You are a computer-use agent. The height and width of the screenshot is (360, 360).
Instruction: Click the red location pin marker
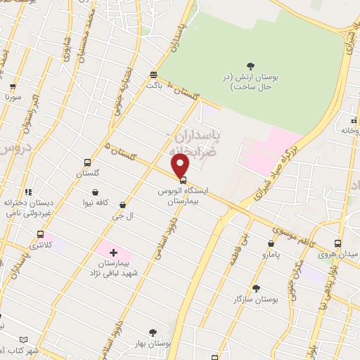(181, 165)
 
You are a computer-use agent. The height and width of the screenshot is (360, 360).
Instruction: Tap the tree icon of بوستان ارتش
(252, 67)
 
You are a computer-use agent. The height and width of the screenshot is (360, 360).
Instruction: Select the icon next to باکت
(154, 75)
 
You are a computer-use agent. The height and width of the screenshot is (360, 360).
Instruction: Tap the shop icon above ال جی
(123, 205)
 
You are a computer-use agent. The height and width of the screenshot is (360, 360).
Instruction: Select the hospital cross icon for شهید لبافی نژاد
(113, 251)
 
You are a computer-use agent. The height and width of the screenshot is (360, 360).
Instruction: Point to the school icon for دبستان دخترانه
(28, 191)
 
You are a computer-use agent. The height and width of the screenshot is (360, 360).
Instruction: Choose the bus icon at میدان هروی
(338, 243)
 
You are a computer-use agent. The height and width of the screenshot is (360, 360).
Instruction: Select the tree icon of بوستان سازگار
(255, 288)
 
